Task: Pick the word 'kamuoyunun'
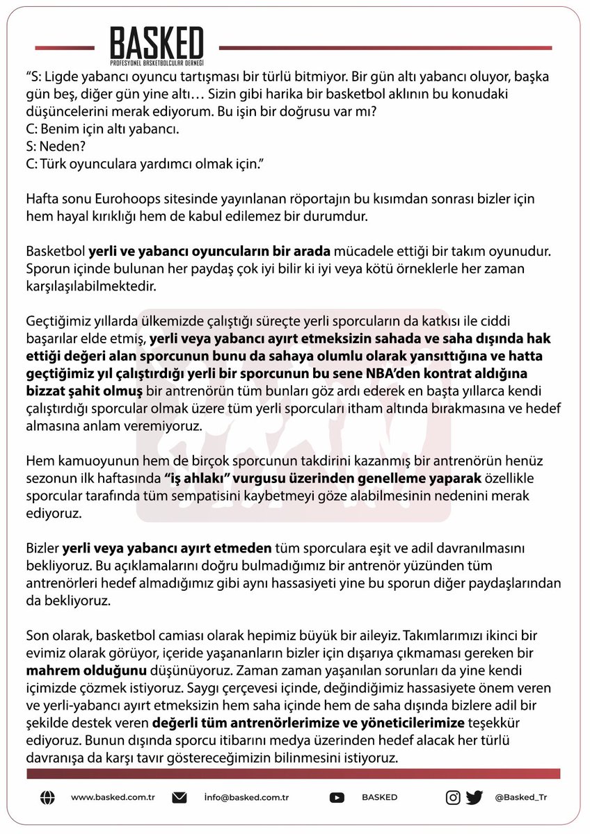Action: pos(86,462)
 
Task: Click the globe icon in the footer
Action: pos(47,797)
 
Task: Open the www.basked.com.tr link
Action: pos(112,798)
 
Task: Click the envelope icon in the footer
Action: pos(180,797)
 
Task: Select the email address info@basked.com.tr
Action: pos(247,798)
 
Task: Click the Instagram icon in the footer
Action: pos(453,797)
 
